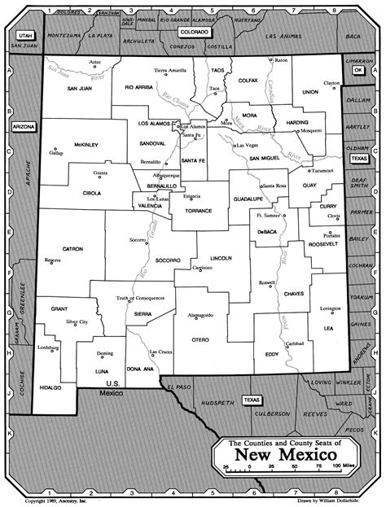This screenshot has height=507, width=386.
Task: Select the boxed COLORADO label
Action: click(x=195, y=32)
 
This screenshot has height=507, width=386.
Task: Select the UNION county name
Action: click(x=309, y=92)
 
